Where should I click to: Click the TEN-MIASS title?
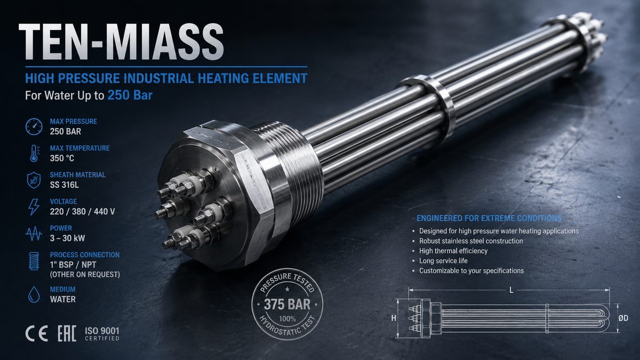[x=121, y=42]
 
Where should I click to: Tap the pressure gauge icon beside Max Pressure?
[x=34, y=126]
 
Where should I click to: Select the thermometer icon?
[x=35, y=154]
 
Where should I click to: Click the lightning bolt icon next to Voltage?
[x=34, y=207]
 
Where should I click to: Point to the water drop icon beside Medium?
[x=34, y=294]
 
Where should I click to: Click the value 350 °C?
[x=62, y=158]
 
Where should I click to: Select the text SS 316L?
[x=65, y=185]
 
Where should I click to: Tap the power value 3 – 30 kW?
[x=67, y=238]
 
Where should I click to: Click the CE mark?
[x=37, y=333]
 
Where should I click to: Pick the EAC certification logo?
[x=67, y=333]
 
